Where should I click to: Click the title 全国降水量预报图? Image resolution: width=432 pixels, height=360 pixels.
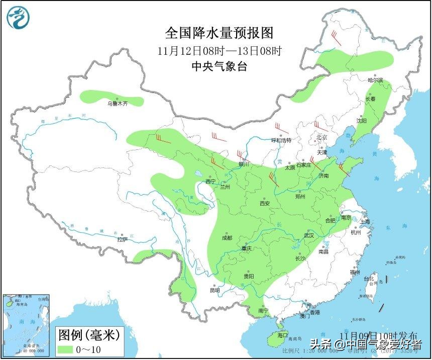[220, 33]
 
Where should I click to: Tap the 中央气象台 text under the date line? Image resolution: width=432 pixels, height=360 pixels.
[220, 66]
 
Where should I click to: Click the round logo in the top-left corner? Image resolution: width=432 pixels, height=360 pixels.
[18, 18]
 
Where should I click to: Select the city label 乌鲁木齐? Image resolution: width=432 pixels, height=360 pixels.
[117, 104]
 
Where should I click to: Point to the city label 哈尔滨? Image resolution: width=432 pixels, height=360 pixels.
[375, 80]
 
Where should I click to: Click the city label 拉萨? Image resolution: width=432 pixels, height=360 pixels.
[122, 240]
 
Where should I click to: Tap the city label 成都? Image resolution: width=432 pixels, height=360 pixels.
[226, 238]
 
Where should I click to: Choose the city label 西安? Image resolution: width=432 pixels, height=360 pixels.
[265, 204]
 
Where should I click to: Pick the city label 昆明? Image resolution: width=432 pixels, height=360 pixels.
[214, 290]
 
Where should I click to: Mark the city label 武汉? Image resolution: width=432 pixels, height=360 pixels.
[308, 235]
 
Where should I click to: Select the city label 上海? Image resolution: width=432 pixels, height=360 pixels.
[364, 221]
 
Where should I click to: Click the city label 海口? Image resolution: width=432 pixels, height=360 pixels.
[282, 335]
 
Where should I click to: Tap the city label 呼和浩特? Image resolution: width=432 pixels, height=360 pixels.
[281, 140]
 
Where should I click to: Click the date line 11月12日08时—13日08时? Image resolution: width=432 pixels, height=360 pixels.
[220, 50]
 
